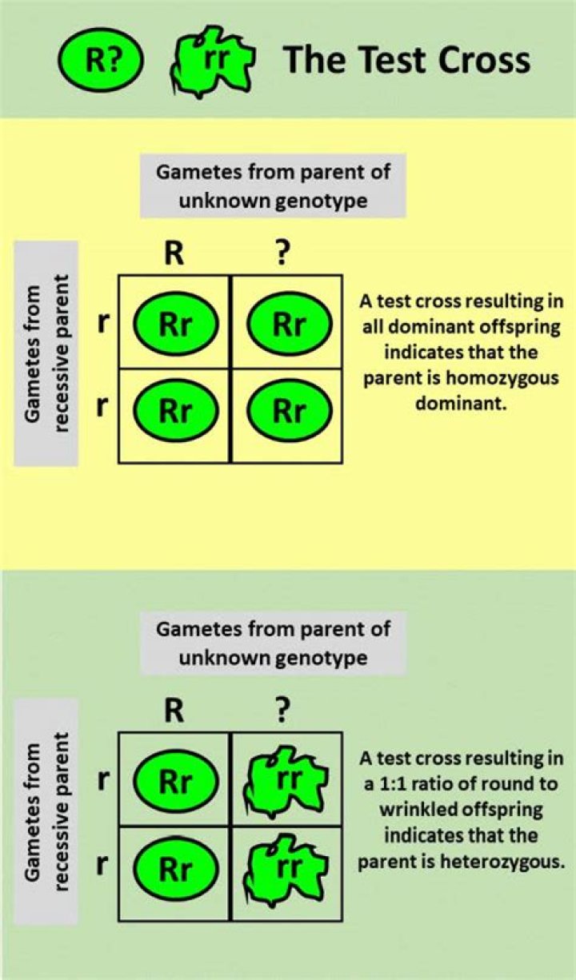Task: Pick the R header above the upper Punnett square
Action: point(174,255)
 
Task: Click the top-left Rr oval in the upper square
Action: point(175,324)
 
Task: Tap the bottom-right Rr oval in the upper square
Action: point(289,411)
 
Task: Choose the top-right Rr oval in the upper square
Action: point(289,324)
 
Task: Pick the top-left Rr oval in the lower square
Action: point(175,781)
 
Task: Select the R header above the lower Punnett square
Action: point(174,711)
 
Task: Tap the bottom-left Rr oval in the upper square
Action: point(175,411)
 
